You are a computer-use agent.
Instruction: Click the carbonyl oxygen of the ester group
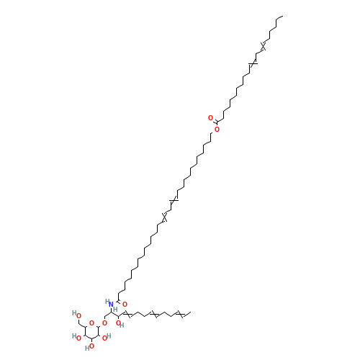point(210,118)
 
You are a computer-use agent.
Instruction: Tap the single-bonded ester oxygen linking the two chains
point(217,130)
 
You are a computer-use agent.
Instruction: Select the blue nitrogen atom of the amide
point(111,305)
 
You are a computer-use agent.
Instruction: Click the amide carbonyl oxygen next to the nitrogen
point(125,305)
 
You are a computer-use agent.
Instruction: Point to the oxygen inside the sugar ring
point(91,323)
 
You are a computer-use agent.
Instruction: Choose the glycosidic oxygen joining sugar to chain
point(104,323)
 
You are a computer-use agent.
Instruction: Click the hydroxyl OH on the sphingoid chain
point(120,324)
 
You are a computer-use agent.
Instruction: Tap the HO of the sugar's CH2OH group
point(76,315)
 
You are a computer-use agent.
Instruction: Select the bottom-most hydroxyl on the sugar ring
point(90,347)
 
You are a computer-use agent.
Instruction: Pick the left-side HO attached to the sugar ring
point(76,337)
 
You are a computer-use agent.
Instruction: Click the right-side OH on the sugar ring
point(107,337)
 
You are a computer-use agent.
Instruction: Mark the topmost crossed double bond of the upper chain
point(263,46)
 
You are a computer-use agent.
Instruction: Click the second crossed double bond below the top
point(253,63)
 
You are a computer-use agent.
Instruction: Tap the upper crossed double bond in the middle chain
point(174,200)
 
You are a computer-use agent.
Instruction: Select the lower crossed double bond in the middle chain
point(164,217)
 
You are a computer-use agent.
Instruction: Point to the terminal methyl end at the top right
point(282,17)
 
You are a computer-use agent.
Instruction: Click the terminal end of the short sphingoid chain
point(190,312)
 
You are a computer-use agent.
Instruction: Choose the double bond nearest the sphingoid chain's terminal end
point(181,314)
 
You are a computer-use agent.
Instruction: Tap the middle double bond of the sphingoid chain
point(153,314)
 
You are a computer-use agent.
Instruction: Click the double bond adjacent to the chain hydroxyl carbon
point(127,314)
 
